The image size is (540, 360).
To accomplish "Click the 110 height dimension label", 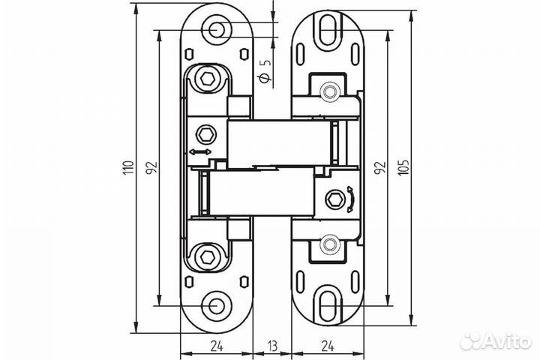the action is point(128,168).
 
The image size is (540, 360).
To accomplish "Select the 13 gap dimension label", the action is point(272,346).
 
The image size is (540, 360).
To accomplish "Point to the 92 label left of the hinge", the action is point(152,168).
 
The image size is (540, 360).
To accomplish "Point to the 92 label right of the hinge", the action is point(379,168).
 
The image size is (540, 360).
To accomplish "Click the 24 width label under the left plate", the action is point(216,346).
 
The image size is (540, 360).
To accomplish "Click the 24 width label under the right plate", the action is point(328,346).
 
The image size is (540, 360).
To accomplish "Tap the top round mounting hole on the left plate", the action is point(216,30).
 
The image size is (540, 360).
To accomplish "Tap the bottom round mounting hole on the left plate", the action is point(216,305).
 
